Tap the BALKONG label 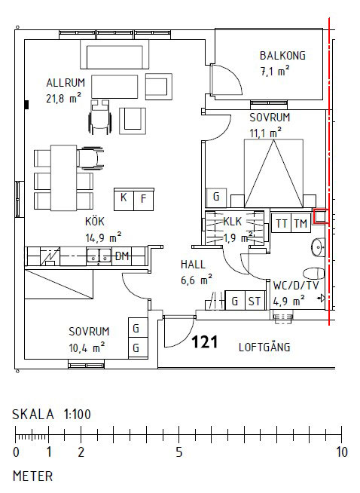click(x=283, y=56)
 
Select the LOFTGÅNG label click(x=264, y=348)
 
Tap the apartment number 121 click(x=204, y=343)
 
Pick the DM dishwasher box click(x=121, y=256)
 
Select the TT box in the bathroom click(x=282, y=223)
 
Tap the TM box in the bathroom click(x=301, y=223)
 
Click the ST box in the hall click(x=254, y=302)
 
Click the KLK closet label click(x=232, y=222)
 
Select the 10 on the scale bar click(x=341, y=453)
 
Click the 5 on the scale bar click(x=178, y=453)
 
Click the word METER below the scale click(x=32, y=476)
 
